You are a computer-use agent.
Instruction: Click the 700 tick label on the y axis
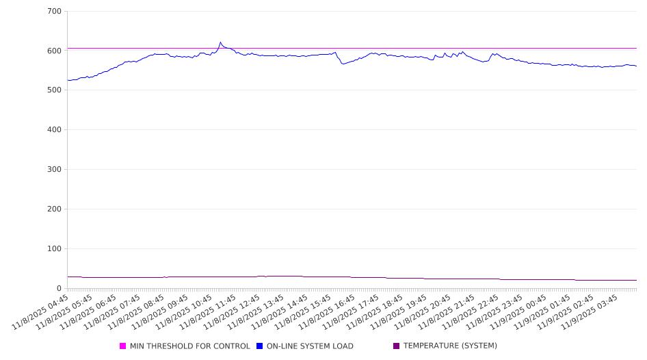pyautogui.click(x=55, y=12)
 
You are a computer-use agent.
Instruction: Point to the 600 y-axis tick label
pyautogui.click(x=55, y=51)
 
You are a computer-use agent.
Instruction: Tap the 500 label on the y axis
pyautogui.click(x=55, y=90)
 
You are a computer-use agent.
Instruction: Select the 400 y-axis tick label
pyautogui.click(x=55, y=130)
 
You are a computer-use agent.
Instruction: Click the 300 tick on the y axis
pyautogui.click(x=55, y=170)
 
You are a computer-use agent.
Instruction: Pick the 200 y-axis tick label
pyautogui.click(x=55, y=209)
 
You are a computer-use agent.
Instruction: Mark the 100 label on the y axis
pyautogui.click(x=55, y=249)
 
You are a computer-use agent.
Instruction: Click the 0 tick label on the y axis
pyautogui.click(x=60, y=289)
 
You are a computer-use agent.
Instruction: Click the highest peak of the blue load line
pyautogui.click(x=220, y=42)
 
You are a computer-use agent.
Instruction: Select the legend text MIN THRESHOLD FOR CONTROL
pyautogui.click(x=189, y=346)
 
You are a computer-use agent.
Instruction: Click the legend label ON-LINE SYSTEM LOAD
pyautogui.click(x=310, y=346)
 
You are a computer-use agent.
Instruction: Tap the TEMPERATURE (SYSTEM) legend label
pyautogui.click(x=450, y=346)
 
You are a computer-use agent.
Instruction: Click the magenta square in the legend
pyautogui.click(x=123, y=346)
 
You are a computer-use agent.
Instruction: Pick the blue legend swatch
pyautogui.click(x=260, y=346)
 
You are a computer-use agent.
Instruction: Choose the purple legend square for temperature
pyautogui.click(x=397, y=346)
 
